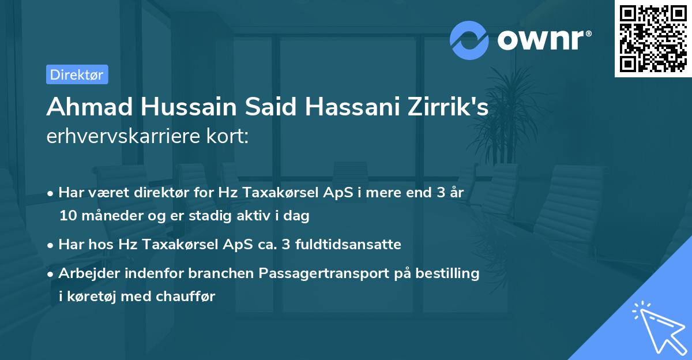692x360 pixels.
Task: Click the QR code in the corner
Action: point(653,38)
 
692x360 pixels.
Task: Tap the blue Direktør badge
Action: point(77,74)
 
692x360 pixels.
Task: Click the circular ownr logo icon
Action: point(469,40)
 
